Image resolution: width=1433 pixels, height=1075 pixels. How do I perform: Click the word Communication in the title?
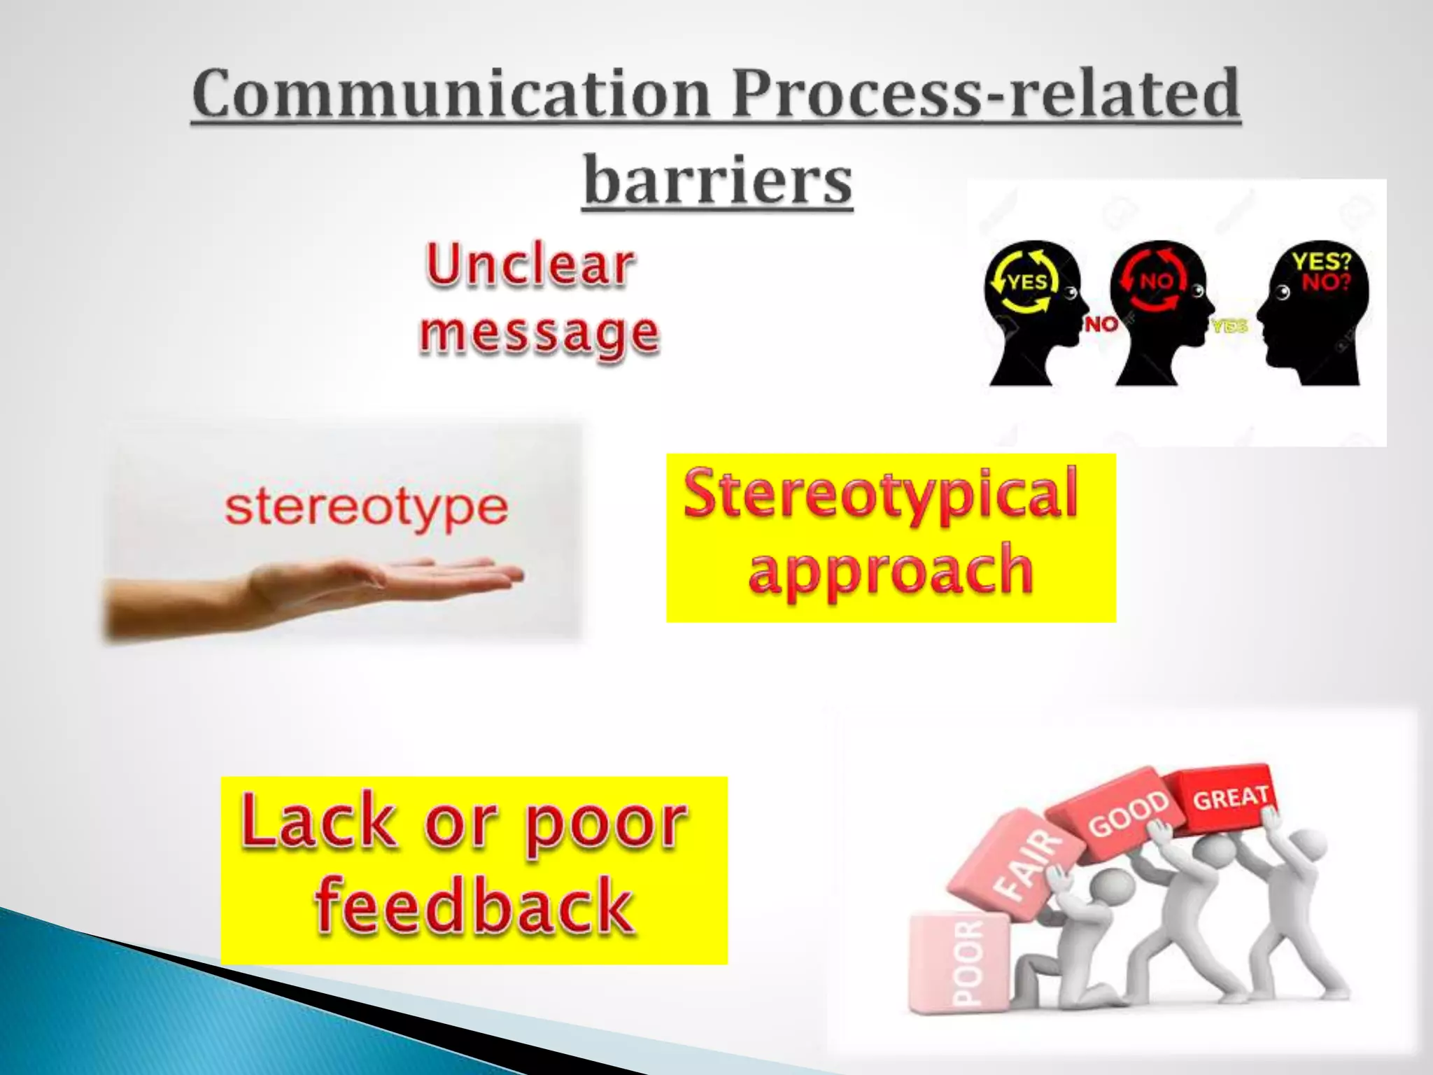[x=451, y=94]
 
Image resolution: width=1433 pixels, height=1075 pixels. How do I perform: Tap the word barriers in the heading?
[x=718, y=181]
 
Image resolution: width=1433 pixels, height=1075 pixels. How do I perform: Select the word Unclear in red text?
[x=530, y=266]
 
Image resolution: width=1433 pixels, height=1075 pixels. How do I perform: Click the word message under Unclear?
[x=539, y=333]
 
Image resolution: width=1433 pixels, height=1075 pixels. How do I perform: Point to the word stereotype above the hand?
[x=366, y=508]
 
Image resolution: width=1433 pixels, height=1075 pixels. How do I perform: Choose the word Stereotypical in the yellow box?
[x=880, y=494]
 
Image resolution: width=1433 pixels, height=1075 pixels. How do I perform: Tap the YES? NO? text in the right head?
[x=1321, y=272]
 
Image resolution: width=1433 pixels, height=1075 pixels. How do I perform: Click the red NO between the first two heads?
[x=1101, y=324]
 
